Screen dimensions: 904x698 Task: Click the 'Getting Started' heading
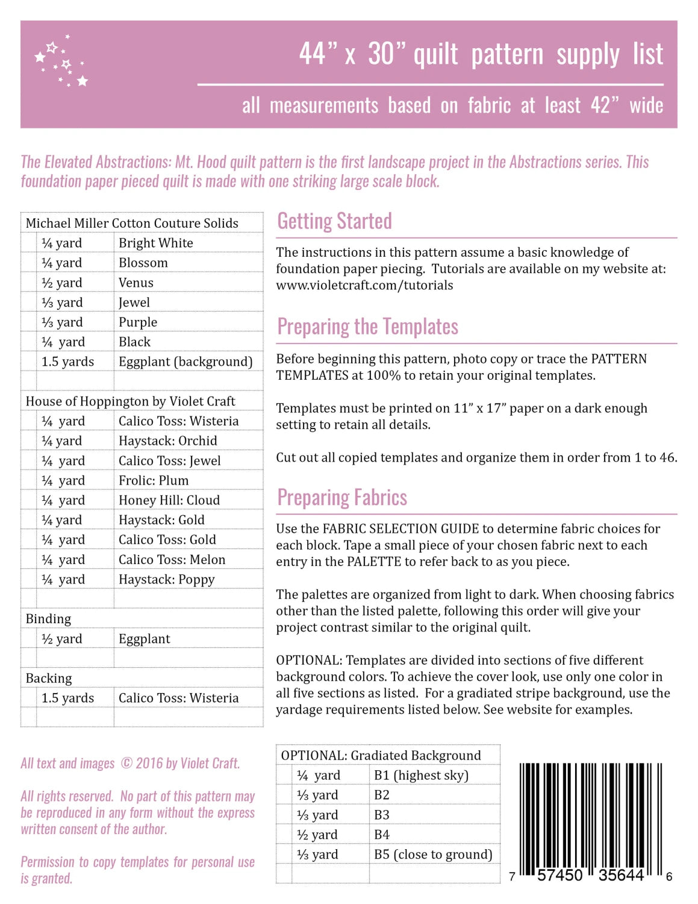pyautogui.click(x=334, y=222)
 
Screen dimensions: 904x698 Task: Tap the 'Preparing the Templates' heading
pyautogui.click(x=367, y=327)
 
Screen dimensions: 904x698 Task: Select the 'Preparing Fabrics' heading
pyautogui.click(x=342, y=498)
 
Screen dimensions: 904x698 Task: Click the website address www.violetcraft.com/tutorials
pyautogui.click(x=364, y=285)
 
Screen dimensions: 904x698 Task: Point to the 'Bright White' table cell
pyautogui.click(x=156, y=243)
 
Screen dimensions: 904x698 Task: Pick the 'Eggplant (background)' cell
pyautogui.click(x=185, y=362)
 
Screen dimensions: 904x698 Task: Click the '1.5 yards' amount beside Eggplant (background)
pyautogui.click(x=67, y=362)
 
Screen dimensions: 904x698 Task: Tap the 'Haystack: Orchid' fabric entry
pyautogui.click(x=167, y=441)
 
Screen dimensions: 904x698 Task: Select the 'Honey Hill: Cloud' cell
pyautogui.click(x=169, y=500)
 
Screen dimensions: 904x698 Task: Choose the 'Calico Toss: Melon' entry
pyautogui.click(x=172, y=559)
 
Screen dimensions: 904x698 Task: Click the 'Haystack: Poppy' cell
pyautogui.click(x=166, y=580)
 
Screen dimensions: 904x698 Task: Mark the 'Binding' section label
pyautogui.click(x=48, y=619)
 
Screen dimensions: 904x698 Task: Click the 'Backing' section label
pyautogui.click(x=49, y=678)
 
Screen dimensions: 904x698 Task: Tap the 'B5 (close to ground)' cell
pyautogui.click(x=433, y=855)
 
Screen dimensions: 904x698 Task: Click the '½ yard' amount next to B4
pyautogui.click(x=317, y=835)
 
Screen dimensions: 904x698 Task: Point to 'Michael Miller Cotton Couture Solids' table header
pyautogui.click(x=132, y=223)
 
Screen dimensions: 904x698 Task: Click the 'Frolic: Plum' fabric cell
pyautogui.click(x=154, y=480)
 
